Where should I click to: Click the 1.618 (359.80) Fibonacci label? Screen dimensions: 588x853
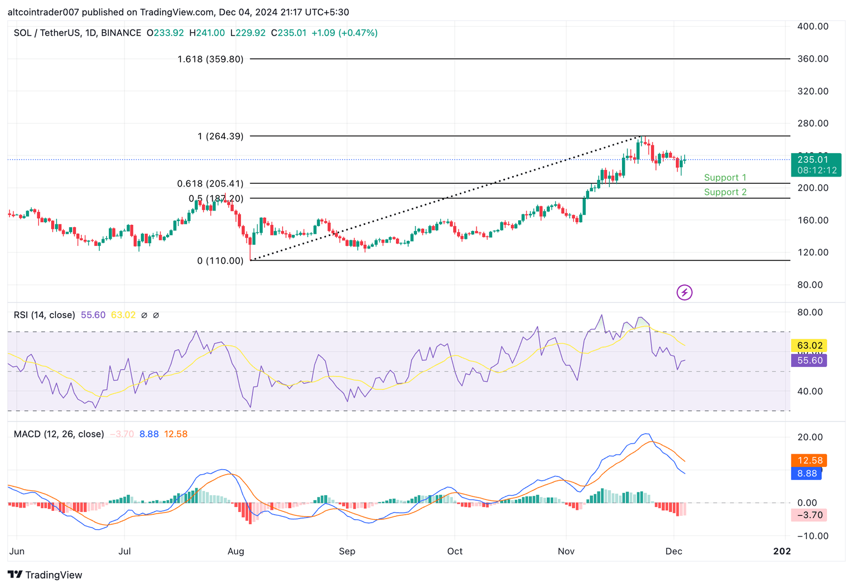click(x=210, y=59)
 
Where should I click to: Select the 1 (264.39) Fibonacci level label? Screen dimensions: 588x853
click(x=220, y=136)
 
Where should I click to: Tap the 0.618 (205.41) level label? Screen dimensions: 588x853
click(x=210, y=183)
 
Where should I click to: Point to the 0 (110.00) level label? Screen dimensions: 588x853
click(x=220, y=260)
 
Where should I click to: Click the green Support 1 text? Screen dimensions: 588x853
click(x=725, y=178)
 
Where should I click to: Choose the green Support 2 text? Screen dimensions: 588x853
click(x=725, y=192)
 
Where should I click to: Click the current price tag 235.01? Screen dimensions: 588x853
click(x=812, y=159)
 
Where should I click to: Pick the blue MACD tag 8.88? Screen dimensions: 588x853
click(x=806, y=474)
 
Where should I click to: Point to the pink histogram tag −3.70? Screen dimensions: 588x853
click(x=809, y=515)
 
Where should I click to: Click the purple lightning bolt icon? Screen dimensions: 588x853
click(x=684, y=293)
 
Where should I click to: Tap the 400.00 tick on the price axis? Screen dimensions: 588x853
click(x=812, y=26)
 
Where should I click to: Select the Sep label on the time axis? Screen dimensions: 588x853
click(x=347, y=551)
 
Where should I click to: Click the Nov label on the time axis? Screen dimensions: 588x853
click(x=566, y=551)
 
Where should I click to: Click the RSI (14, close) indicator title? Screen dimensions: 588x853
click(x=44, y=315)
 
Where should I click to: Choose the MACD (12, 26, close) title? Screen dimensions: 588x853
click(x=59, y=434)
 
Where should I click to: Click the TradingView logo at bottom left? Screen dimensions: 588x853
click(x=45, y=575)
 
